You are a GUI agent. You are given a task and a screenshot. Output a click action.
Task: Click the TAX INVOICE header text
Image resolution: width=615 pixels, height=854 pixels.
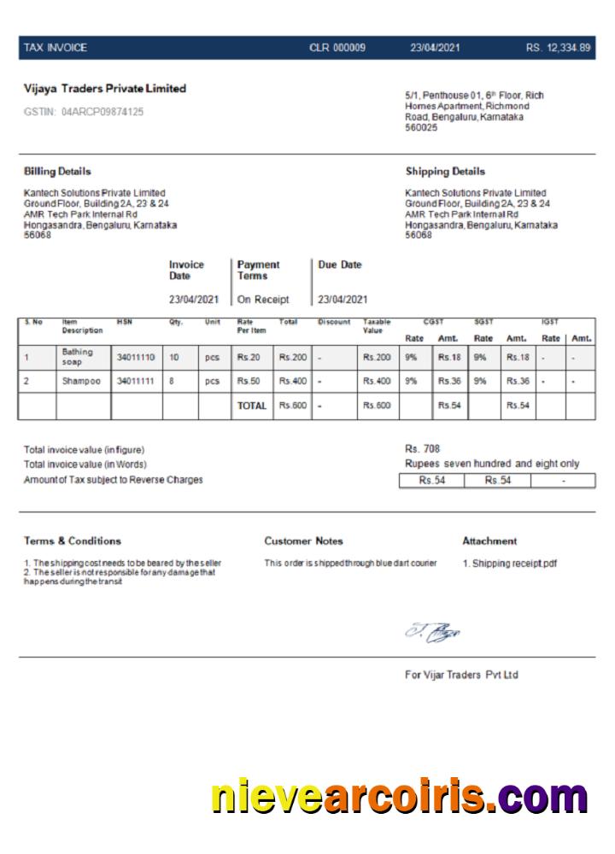pyautogui.click(x=56, y=48)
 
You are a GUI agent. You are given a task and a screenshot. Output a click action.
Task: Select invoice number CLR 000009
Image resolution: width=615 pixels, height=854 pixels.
pyautogui.click(x=337, y=48)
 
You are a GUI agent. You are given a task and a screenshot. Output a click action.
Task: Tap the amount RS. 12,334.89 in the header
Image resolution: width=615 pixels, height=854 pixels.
pyautogui.click(x=558, y=48)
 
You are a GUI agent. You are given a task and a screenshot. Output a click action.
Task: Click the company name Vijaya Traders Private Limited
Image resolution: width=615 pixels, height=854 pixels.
pyautogui.click(x=105, y=89)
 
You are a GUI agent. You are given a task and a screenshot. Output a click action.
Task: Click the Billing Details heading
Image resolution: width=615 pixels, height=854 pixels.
pyautogui.click(x=57, y=172)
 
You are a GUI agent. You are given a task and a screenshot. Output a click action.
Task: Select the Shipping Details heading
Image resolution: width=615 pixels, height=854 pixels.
pyautogui.click(x=445, y=172)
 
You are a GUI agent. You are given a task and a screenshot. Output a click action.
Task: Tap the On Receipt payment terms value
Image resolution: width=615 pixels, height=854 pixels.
pyautogui.click(x=263, y=300)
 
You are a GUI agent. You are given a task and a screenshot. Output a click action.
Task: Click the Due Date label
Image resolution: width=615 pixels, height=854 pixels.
pyautogui.click(x=340, y=265)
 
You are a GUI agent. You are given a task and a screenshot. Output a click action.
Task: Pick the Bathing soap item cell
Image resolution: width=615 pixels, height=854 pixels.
pyautogui.click(x=78, y=357)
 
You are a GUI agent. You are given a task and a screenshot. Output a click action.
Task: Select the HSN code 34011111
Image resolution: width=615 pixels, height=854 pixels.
pyautogui.click(x=136, y=381)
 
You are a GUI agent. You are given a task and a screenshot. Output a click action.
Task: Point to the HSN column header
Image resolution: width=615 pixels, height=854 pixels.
pyautogui.click(x=125, y=322)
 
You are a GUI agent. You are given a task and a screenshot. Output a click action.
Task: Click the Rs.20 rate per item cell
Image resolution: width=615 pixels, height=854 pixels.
pyautogui.click(x=249, y=357)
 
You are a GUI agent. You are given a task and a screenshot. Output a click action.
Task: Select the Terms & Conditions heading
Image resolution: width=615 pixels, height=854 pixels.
pyautogui.click(x=73, y=541)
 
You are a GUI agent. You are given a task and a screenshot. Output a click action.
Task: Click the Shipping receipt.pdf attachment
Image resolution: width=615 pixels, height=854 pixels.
pyautogui.click(x=510, y=564)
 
